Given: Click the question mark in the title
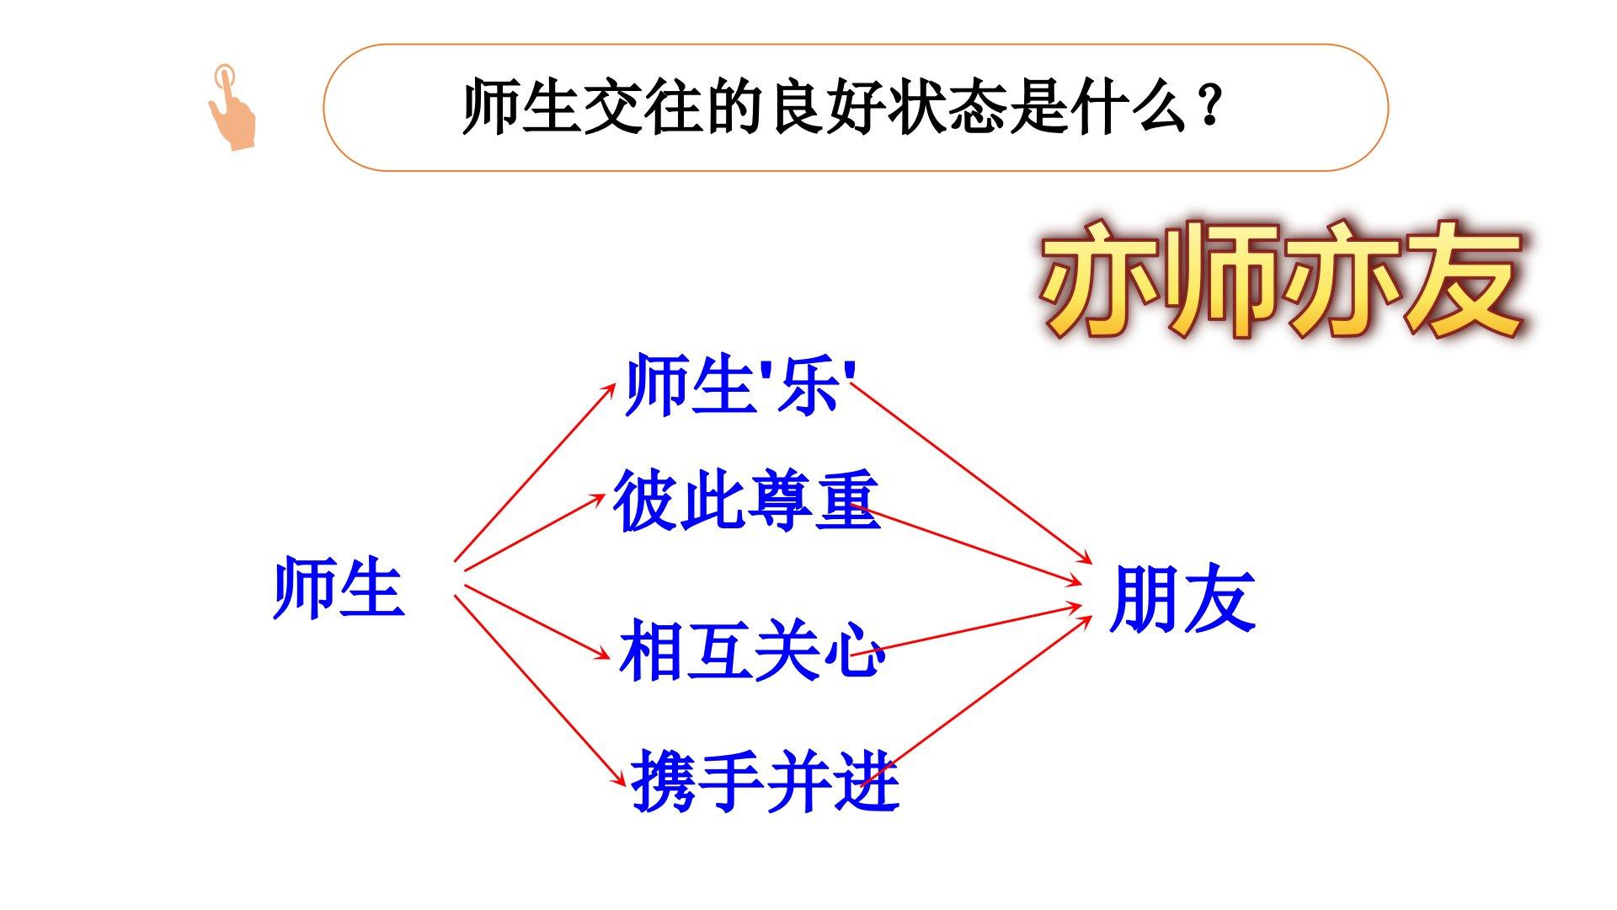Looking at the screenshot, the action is (x=1211, y=108).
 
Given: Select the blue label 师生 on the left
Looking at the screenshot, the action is (x=339, y=588).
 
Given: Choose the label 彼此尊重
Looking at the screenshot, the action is (x=747, y=501).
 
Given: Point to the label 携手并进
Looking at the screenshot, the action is (x=765, y=781).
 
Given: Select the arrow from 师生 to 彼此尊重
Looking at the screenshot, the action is (x=535, y=533).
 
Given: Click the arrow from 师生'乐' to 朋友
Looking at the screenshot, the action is (x=971, y=473).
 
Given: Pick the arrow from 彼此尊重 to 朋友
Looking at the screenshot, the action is (x=966, y=544).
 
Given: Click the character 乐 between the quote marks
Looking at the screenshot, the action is (x=808, y=386).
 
